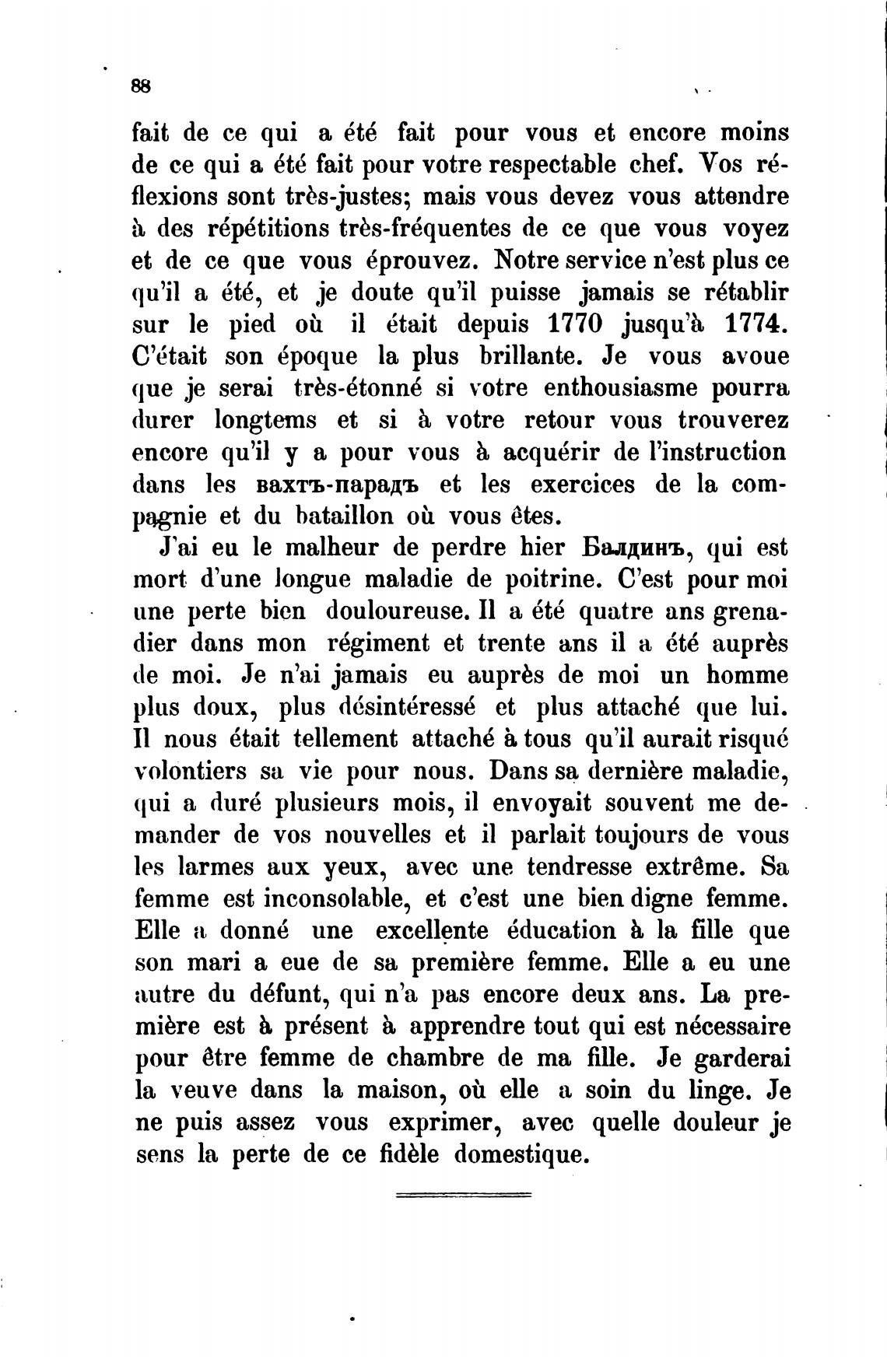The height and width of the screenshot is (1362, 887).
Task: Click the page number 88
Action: coord(141,86)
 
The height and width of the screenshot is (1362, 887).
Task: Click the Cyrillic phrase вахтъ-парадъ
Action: coord(337,485)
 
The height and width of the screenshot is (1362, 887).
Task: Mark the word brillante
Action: coord(528,356)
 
